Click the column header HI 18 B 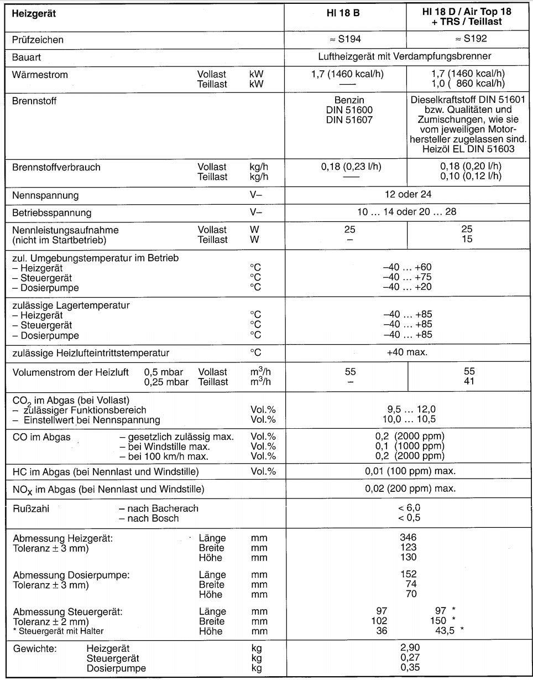coord(342,12)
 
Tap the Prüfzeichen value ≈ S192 coord(469,39)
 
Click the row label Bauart coord(26,57)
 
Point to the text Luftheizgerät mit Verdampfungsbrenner coord(405,56)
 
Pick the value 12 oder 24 coord(408,194)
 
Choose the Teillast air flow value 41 coord(469,381)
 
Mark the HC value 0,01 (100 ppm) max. coord(410,471)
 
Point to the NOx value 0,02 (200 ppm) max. coord(410,489)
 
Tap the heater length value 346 coord(408,537)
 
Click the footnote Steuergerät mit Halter coord(60,631)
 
